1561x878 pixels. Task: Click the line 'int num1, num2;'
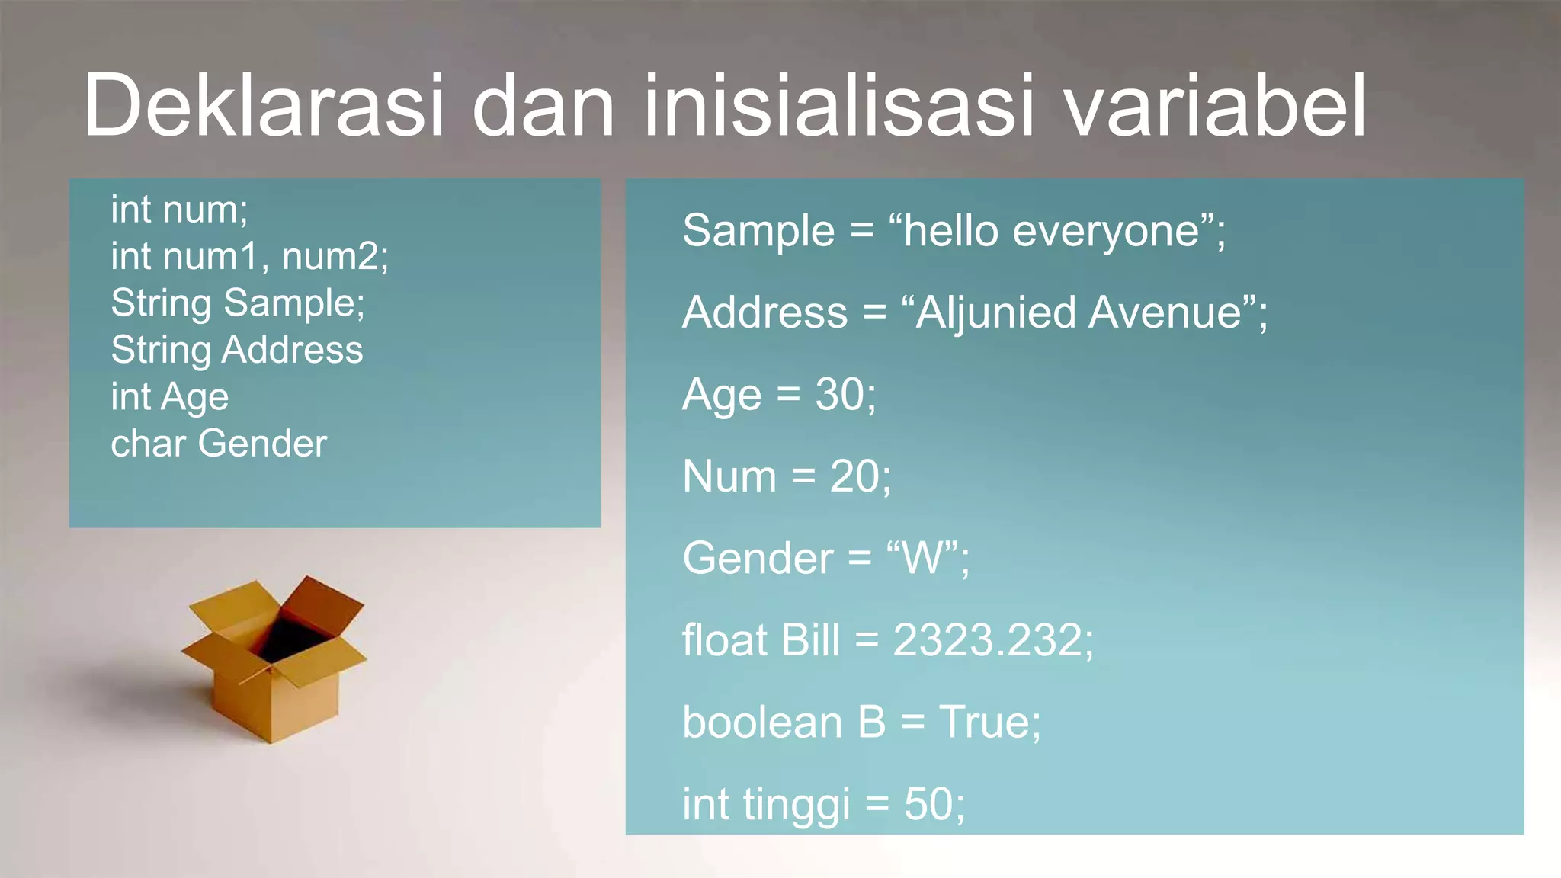(x=249, y=256)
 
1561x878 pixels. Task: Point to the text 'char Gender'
(x=219, y=444)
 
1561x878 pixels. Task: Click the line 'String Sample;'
(x=238, y=303)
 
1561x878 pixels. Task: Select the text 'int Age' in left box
(x=169, y=397)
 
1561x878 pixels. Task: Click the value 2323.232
(x=987, y=640)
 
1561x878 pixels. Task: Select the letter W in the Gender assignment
(x=922, y=558)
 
